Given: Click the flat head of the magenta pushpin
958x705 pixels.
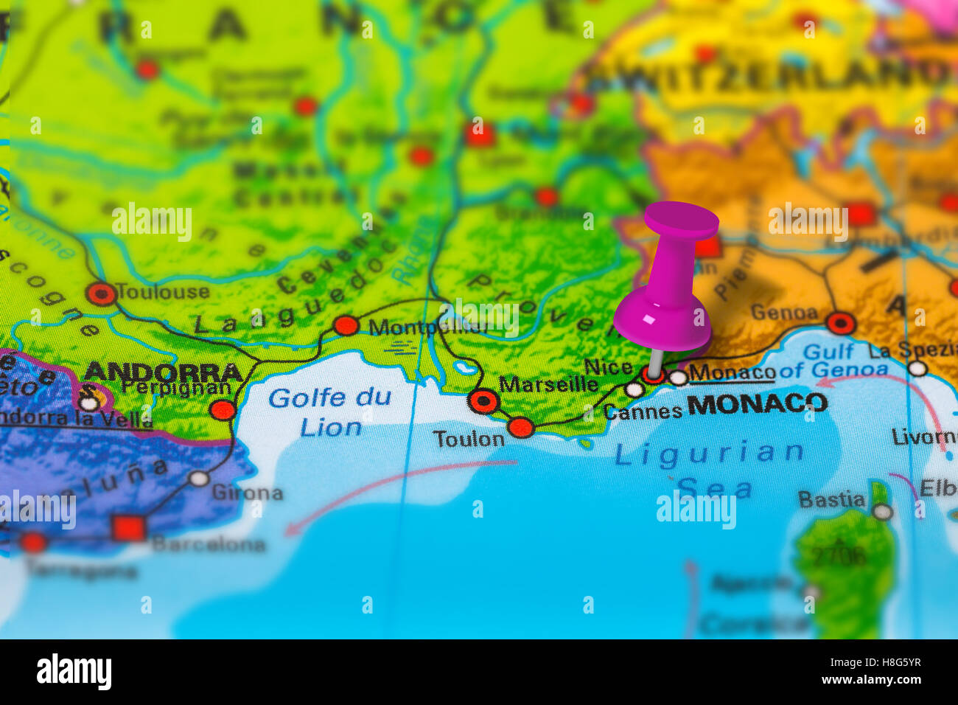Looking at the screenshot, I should pos(681,220).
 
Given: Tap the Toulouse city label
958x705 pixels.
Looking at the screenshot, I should pos(162,292).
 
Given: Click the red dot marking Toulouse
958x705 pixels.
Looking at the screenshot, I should pos(101,294).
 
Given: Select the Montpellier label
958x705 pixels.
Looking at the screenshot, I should pos(427,327).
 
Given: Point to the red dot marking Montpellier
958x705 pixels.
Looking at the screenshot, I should pos(346,325).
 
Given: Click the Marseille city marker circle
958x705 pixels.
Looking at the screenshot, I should pos(483,401).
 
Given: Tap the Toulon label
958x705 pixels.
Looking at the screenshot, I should pos(469,440).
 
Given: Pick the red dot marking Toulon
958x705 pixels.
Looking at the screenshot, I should pos(520,427).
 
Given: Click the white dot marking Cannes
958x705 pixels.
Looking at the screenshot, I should pos(634,389).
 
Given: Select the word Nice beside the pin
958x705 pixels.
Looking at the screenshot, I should pos(608,367).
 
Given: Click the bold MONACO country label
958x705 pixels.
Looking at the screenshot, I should pos(757,403).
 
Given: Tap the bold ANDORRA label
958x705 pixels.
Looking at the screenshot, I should pos(163,372).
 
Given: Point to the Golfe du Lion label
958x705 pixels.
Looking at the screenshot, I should pos(329,412).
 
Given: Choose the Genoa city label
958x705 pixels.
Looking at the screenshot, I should pos(784,313).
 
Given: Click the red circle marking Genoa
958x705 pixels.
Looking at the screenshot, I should pos(840,323).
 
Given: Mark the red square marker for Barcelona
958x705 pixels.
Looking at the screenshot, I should pos(128,528).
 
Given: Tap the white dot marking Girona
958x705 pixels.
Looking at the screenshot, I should pos(198,479).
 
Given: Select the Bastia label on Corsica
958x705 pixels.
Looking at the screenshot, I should pos(831,500).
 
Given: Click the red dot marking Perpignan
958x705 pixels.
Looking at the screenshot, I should pos(223,410).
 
